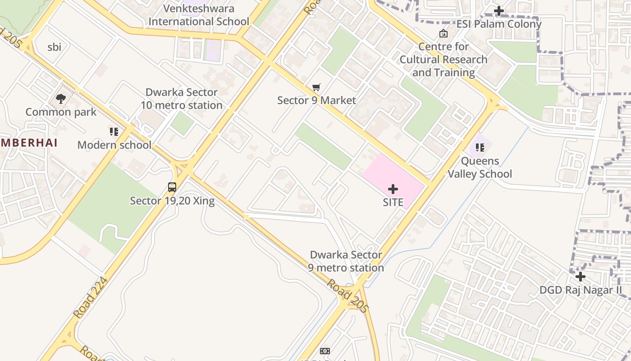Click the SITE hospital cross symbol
[x=393, y=189]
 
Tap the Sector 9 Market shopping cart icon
[x=316, y=87]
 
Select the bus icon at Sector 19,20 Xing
[x=172, y=187]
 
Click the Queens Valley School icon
[x=480, y=147]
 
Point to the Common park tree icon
[x=61, y=98]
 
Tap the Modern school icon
[x=114, y=132]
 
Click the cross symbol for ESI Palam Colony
[x=499, y=10]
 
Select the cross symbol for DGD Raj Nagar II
[x=581, y=276]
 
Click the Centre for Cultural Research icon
[x=444, y=33]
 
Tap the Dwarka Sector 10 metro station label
[x=182, y=99]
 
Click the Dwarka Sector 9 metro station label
[x=346, y=261]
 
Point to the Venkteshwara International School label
[x=199, y=15]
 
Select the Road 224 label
[x=91, y=298]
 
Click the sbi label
[x=54, y=47]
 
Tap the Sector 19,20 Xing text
[x=172, y=201]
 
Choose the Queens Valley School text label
[x=480, y=167]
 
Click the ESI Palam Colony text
[x=499, y=24]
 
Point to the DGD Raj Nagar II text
[x=581, y=290]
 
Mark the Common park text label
[x=61, y=112]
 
